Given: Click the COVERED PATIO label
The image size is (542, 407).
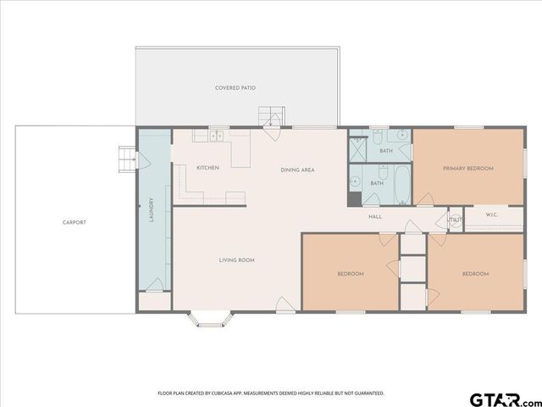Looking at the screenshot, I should point(235,87).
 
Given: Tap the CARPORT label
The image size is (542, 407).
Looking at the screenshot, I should point(75,222).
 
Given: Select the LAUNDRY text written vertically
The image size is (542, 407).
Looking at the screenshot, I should point(151,209).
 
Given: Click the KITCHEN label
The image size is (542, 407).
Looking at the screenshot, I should point(207,168).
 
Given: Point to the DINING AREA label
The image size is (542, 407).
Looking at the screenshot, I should point(297,170).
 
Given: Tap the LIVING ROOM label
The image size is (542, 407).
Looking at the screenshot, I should point(237,259).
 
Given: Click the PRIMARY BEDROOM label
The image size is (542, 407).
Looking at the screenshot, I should point(467,168).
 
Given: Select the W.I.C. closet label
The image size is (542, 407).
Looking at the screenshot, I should point(492,216).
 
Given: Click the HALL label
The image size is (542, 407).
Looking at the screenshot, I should point(375,216).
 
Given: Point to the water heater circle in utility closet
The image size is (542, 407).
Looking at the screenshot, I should point(454,227).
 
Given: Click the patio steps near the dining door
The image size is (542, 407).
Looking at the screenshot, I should point(270,117).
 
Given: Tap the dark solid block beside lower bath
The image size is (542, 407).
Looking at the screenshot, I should point(354,200).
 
